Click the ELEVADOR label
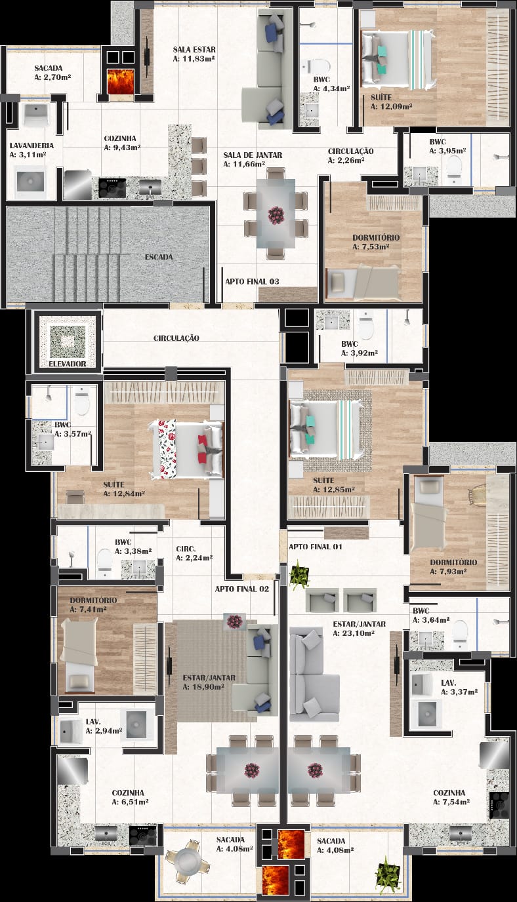tap(68, 364)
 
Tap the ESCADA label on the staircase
tap(159, 257)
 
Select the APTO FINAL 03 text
tap(252, 281)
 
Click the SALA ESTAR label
tap(194, 50)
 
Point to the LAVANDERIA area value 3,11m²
tap(28, 154)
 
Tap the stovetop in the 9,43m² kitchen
tap(112, 187)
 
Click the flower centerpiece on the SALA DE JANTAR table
tap(276, 214)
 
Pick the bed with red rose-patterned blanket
tap(187, 449)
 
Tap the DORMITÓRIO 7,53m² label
tap(376, 242)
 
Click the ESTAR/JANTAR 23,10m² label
tap(359, 628)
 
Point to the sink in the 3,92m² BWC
tap(331, 321)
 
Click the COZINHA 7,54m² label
tap(451, 797)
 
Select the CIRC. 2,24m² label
tap(194, 553)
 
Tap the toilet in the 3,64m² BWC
tap(460, 635)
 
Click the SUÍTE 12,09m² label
tap(391, 102)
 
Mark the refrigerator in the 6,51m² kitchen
tap(73, 770)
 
